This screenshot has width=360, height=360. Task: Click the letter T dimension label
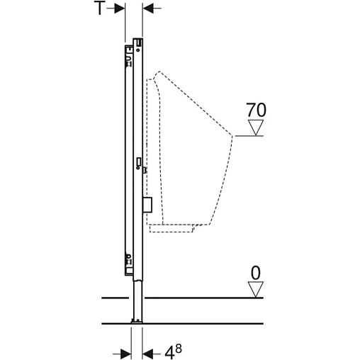tap(99, 8)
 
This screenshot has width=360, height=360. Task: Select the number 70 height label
tap(256, 110)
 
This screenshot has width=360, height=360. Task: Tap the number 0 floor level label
tap(255, 273)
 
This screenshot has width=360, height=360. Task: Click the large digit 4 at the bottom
tap(169, 354)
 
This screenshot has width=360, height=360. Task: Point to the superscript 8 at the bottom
tap(179, 349)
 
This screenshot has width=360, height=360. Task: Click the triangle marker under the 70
tap(256, 128)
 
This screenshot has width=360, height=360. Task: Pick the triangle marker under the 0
tap(255, 290)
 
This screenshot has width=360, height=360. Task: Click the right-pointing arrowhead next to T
tap(120, 9)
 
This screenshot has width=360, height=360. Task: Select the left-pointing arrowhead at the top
tap(148, 9)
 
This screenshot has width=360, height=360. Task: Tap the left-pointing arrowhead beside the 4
tap(147, 354)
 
